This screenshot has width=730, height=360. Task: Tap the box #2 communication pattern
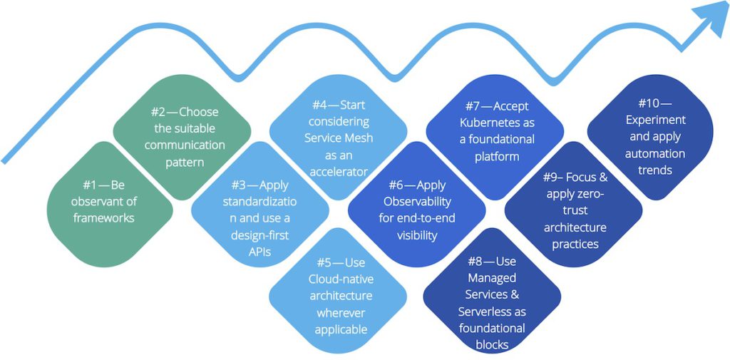coord(184,137)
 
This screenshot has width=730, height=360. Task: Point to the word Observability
coord(416,202)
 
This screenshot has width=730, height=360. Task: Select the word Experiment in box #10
coord(653,120)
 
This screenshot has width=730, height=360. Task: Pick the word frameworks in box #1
coord(103,218)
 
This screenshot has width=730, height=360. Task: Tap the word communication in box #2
coord(185,145)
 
